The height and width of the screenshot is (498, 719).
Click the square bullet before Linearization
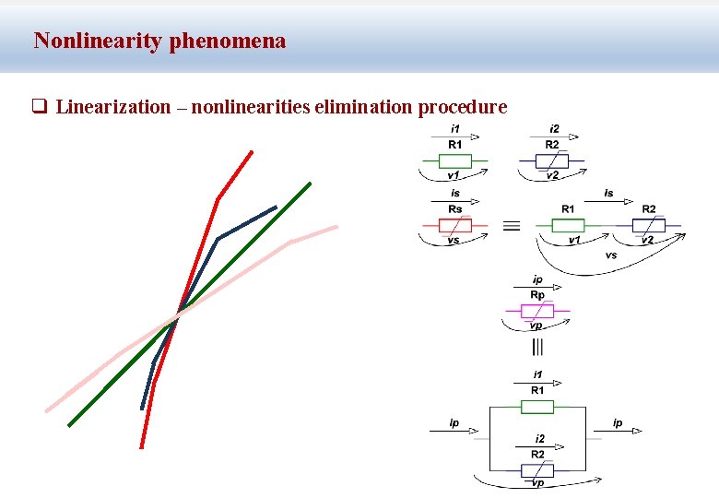pos(40,107)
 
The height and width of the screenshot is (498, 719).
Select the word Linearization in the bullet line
pos(113,107)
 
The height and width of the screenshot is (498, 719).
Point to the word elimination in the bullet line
pos(364,107)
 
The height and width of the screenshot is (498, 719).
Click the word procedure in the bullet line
pos(463,107)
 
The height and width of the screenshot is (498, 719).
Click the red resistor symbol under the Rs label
pos(455,225)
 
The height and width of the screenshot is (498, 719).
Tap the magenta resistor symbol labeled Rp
pos(537,311)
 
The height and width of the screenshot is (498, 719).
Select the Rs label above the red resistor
pos(455,209)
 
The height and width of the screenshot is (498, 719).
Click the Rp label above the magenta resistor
pos(537,295)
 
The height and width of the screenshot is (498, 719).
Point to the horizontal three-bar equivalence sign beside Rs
pos(512,225)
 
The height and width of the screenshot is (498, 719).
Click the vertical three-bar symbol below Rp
pos(537,347)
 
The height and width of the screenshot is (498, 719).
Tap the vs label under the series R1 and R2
pos(611,255)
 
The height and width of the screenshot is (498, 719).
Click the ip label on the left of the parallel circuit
pos(454,423)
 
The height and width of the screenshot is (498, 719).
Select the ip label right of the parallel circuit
pos(618,423)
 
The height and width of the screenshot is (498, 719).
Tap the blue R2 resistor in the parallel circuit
pos(537,470)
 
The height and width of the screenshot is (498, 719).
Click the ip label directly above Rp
pos(537,279)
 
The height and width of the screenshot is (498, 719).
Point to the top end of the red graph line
pos(252,151)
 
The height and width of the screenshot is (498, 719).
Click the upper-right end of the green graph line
pos(311,184)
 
